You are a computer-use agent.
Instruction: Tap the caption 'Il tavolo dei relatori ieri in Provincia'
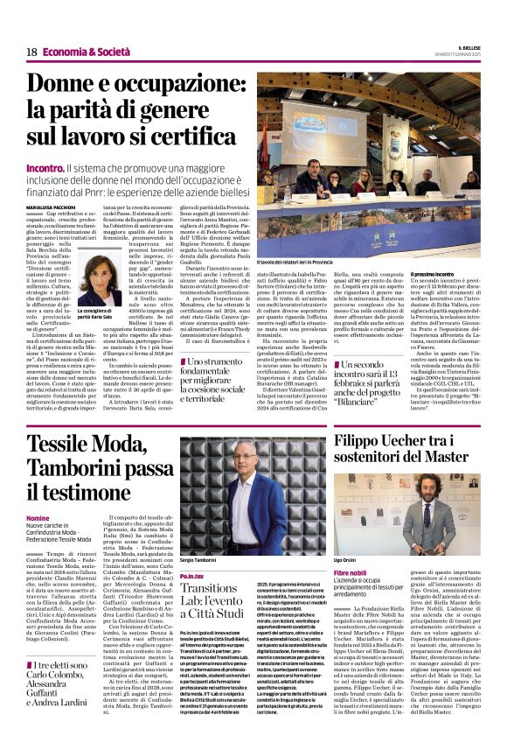295,262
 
